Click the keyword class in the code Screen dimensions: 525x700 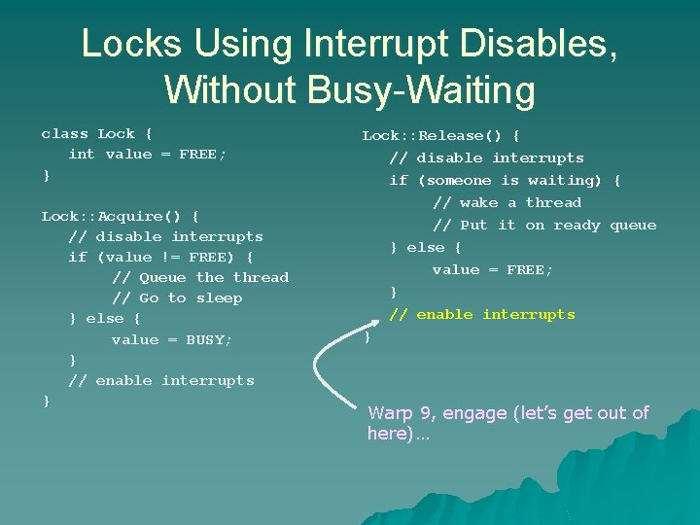click(64, 133)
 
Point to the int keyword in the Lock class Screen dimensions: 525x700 click(82, 154)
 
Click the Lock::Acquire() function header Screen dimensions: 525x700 click(120, 216)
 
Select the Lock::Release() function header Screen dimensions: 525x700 click(440, 135)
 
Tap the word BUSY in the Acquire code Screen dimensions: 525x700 click(209, 339)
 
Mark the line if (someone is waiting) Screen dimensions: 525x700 click(505, 180)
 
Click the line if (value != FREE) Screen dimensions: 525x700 click(160, 257)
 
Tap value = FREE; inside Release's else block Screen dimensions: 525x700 click(493, 269)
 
